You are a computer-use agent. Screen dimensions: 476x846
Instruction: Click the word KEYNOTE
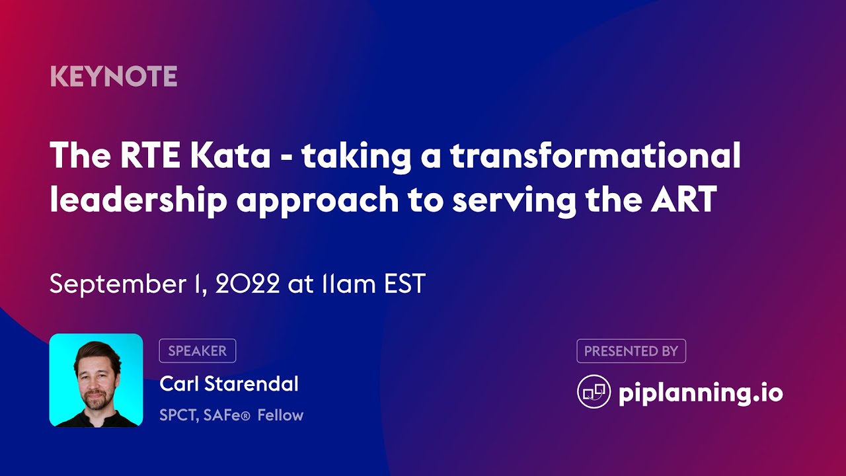coord(114,77)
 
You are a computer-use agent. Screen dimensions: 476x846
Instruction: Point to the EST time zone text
coord(404,284)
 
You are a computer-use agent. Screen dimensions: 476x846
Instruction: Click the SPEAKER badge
coord(197,351)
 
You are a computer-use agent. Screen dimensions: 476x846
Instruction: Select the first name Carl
coord(178,383)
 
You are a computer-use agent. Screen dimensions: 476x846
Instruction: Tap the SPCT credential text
coord(177,415)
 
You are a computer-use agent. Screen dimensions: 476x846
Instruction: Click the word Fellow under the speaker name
coord(280,415)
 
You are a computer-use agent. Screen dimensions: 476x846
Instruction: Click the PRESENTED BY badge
coord(631,351)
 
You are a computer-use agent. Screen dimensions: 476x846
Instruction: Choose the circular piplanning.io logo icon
coord(594,392)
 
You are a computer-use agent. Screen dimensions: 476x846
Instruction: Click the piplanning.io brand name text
coord(701,393)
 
